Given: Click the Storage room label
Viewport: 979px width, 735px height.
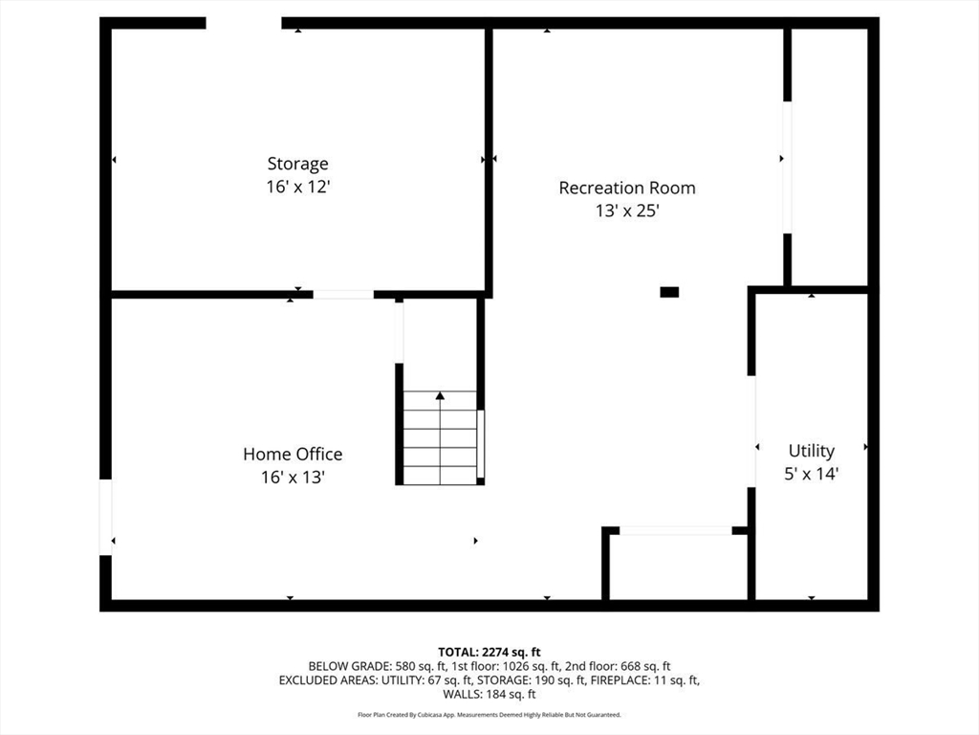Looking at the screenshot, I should point(297,164).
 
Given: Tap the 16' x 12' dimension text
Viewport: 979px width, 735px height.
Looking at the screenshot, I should point(297,188).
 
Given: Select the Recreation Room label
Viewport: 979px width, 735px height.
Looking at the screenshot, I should point(627,188).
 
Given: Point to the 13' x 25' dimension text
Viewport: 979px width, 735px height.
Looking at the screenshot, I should point(627,212).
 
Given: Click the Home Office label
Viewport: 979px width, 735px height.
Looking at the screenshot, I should point(293,454).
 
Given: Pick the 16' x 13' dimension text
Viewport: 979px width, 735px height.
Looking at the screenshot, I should point(293,478).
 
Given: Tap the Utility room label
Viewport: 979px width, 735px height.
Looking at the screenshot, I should point(811,450).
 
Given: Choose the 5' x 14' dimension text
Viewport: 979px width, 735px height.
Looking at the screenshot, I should point(811,474).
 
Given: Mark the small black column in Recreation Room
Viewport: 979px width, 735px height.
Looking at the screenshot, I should point(669,292).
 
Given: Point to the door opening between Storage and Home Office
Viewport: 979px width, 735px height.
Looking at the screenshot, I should point(343,295).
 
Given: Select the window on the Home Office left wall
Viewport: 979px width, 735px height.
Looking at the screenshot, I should point(105,517).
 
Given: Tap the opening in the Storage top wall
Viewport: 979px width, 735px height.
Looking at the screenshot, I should point(244,23).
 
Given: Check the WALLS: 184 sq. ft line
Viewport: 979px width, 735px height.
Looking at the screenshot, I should point(489,695).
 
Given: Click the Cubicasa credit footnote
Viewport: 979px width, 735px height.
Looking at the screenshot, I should point(489,715).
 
